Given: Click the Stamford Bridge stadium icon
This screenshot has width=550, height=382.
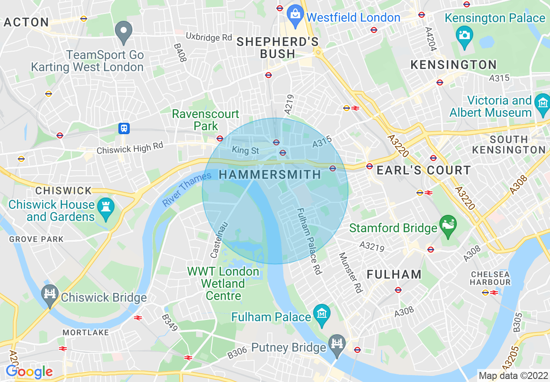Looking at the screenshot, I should pos(448,225).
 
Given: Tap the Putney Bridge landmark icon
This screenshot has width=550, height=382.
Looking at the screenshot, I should pos(336,344).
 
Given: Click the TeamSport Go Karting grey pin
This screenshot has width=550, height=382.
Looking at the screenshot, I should pos(124,31).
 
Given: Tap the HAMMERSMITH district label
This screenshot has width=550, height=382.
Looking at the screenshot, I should pos(270,175).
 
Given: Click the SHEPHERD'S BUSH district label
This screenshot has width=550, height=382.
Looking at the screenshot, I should pos(278,48).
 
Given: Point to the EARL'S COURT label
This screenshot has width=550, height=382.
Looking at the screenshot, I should pos(423,170).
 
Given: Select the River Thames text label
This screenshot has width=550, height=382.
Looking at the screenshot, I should pos(187,189).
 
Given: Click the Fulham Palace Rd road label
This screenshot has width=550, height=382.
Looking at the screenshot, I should pos(309,241).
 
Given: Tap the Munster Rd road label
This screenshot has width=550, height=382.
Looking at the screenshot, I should pos(350,273).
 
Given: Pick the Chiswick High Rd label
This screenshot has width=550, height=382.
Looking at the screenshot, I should pos(130,148).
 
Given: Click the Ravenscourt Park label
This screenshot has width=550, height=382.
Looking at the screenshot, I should pos(206,120).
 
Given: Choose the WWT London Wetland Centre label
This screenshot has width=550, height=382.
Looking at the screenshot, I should pos(223,284).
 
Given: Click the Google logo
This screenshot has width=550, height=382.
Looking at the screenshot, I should pos(29,372).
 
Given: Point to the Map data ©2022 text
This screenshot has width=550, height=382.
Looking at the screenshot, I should pos(512,375).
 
